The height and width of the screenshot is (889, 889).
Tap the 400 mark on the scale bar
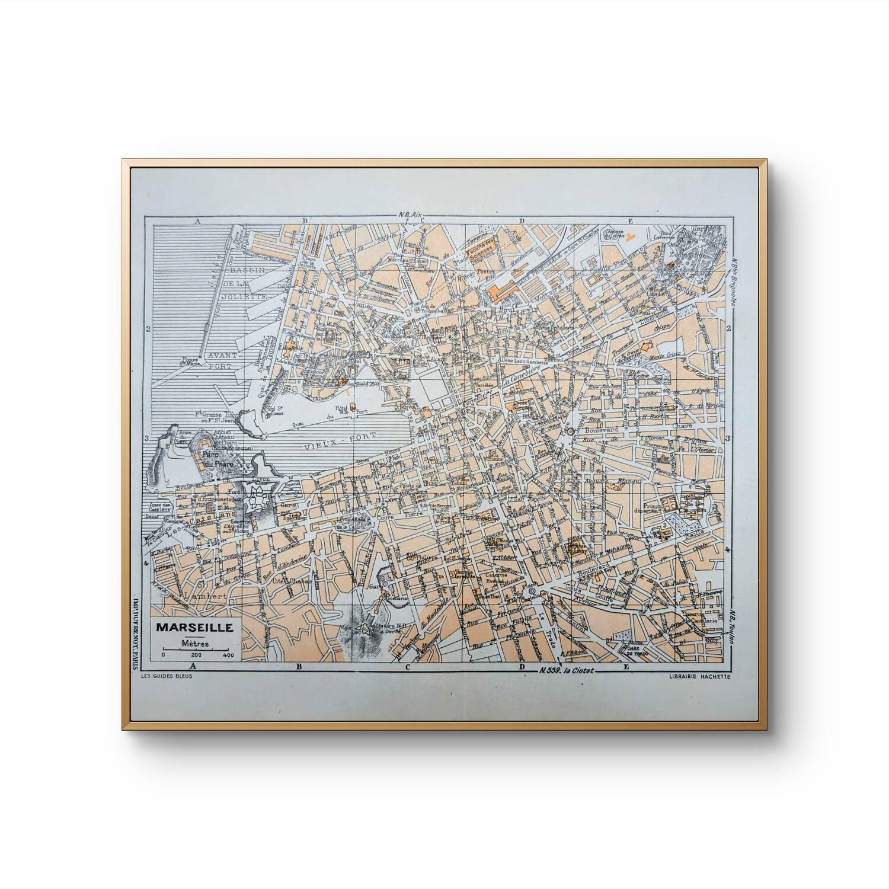(228, 655)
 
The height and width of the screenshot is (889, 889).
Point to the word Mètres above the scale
(195, 642)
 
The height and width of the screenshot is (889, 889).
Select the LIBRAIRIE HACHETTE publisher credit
(699, 677)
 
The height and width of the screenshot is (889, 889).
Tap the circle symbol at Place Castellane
(532, 592)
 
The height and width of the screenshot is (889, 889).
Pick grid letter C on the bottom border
(408, 667)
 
